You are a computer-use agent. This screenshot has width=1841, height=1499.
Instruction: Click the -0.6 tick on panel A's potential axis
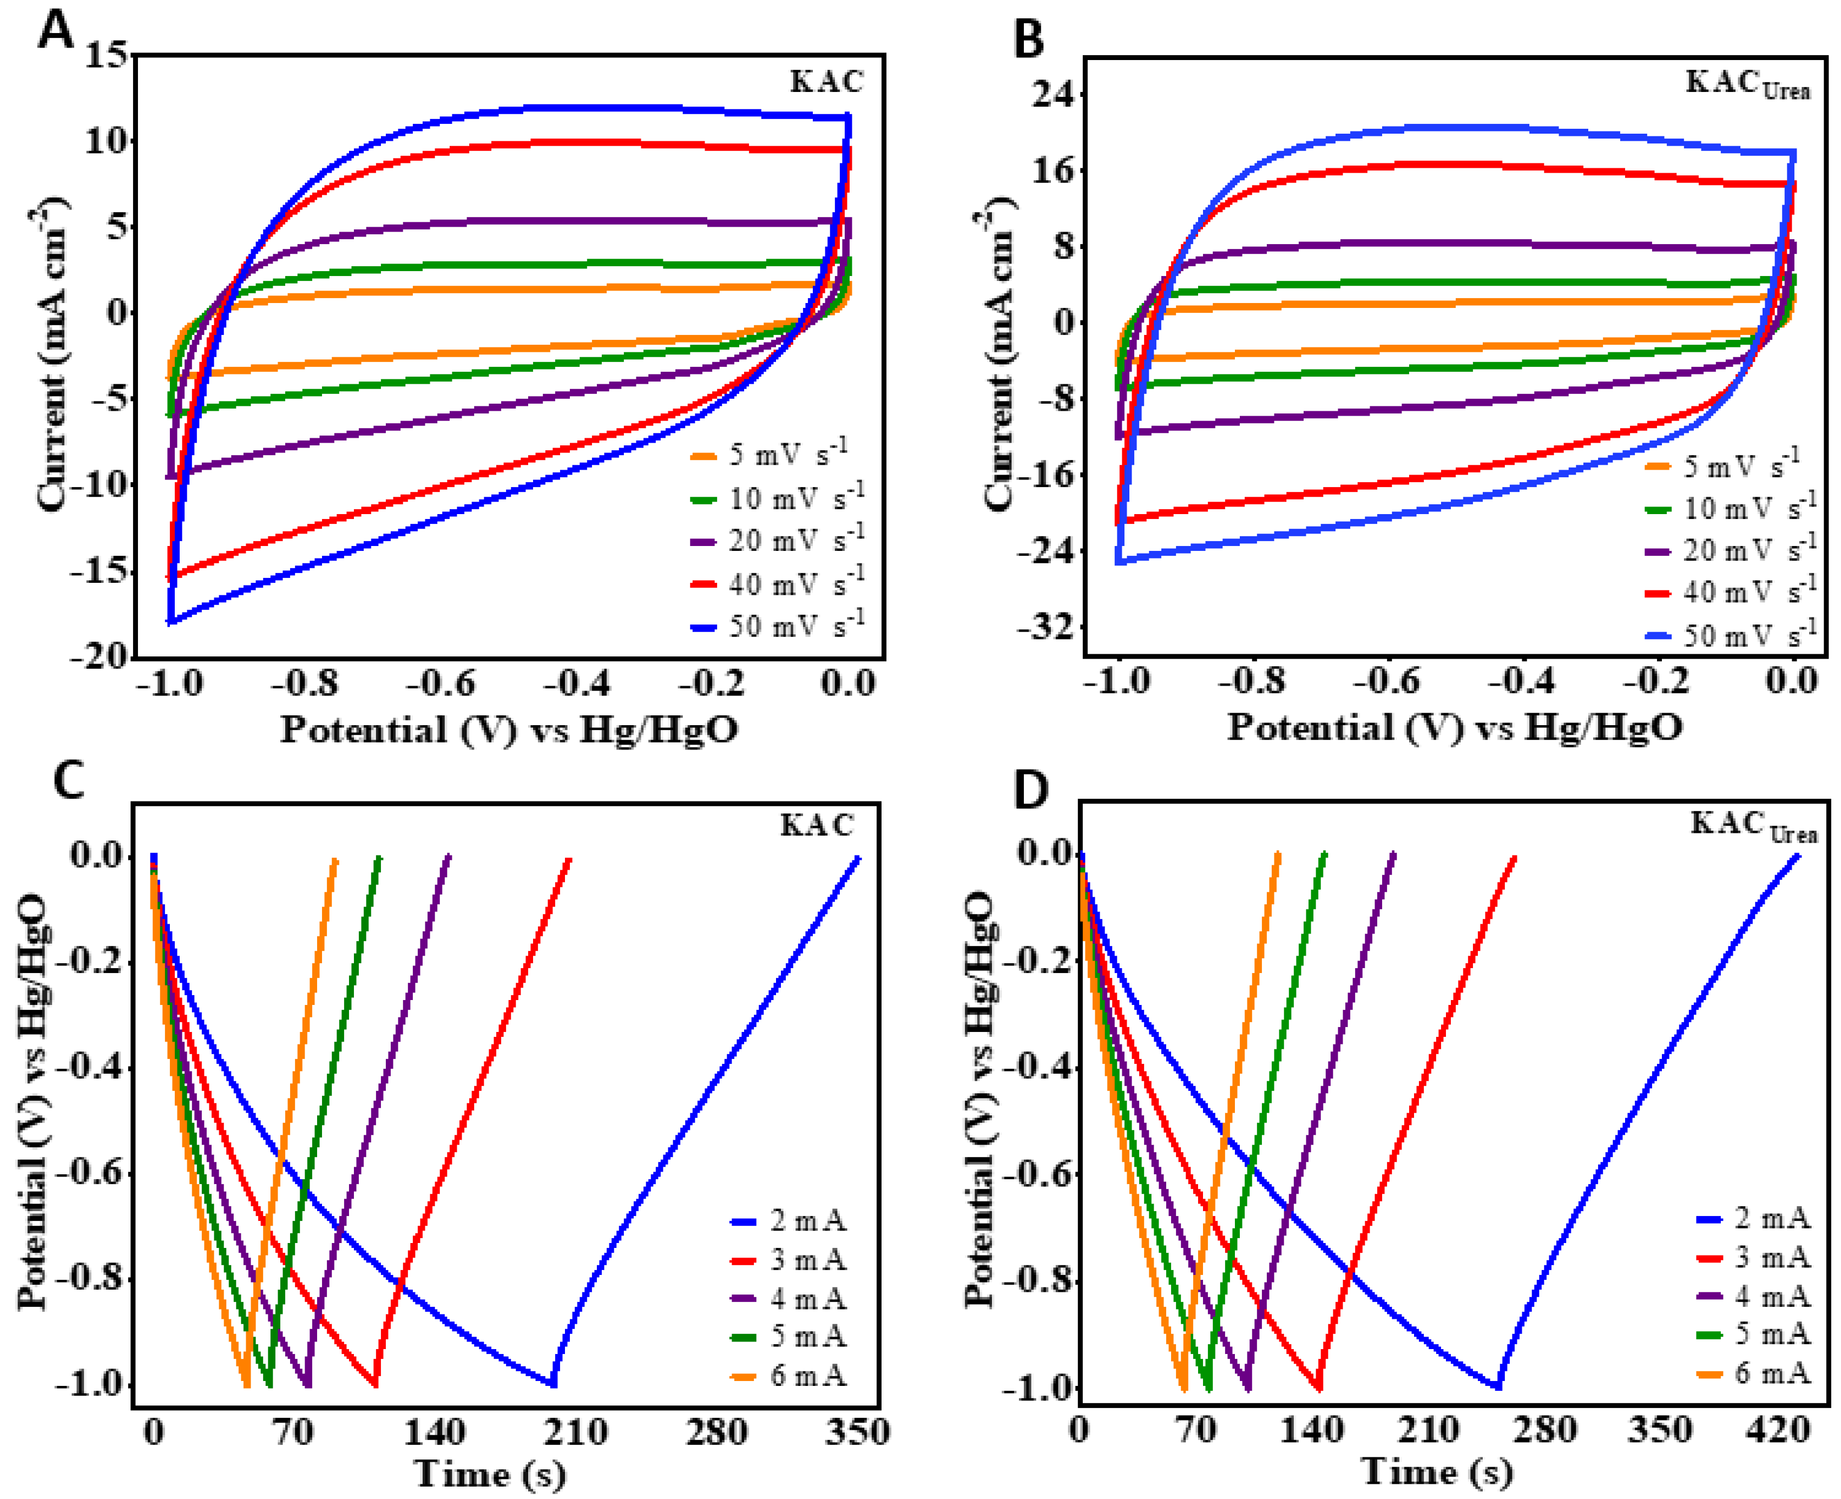pos(440,684)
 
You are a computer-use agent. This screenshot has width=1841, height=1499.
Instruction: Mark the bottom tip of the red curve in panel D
pos(1319,1388)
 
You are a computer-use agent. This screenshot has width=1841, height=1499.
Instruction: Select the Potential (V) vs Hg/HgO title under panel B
pos(1455,727)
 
